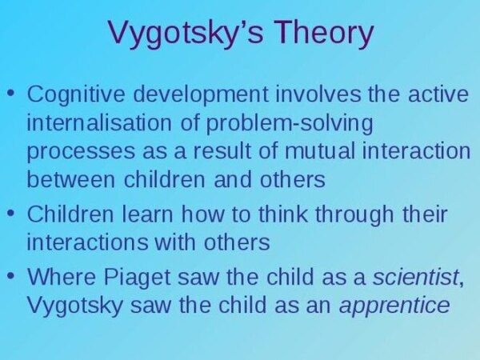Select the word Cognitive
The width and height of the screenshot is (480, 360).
pos(76,94)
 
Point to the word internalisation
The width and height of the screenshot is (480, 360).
pos(99,122)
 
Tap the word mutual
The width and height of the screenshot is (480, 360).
pos(320,150)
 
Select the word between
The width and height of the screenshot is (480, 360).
pos(70,179)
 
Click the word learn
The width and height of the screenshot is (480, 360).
pos(147,214)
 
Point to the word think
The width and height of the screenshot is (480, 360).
pos(283,214)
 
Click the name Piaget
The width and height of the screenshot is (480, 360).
pos(136,278)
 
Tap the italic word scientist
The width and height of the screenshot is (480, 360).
pos(415,277)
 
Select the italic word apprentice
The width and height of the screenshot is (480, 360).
pos(394,306)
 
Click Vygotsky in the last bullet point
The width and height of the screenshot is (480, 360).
pos(74,306)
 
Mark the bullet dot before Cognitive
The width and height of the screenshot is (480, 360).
pos(11,92)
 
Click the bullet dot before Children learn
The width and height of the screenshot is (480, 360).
pos(11,212)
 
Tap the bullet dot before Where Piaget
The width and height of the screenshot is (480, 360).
pos(11,275)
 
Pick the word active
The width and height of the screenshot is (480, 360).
pos(438,94)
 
